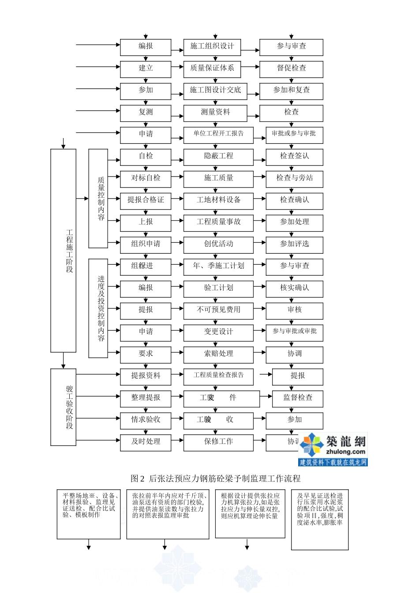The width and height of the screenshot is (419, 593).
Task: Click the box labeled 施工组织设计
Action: [212, 46]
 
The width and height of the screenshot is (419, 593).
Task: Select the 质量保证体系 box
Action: [212, 68]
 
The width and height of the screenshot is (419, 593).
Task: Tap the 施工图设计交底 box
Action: [215, 90]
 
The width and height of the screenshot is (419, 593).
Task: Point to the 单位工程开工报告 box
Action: [218, 134]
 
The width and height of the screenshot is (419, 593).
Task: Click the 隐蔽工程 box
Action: [218, 156]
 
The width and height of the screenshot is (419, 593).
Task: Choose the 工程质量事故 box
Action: [218, 222]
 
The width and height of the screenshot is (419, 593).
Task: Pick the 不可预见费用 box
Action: [218, 310]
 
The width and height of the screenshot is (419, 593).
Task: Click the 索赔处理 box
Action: [218, 354]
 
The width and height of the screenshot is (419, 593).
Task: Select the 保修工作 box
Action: [218, 442]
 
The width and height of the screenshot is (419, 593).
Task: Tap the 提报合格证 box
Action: [146, 200]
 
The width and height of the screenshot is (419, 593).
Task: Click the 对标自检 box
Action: [146, 178]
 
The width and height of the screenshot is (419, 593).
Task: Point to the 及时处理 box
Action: [146, 442]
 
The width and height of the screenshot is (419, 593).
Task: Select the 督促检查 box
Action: [291, 68]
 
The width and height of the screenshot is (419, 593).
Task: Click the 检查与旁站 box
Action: [294, 178]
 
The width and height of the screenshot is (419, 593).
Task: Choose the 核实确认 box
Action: [294, 288]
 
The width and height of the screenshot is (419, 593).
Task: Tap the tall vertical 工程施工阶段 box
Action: [64, 250]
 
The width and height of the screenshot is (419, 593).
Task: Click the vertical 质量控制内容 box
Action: [98, 198]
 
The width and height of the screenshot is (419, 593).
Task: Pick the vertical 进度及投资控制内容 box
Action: [98, 308]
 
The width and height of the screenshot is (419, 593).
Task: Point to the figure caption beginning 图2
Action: [216, 478]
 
